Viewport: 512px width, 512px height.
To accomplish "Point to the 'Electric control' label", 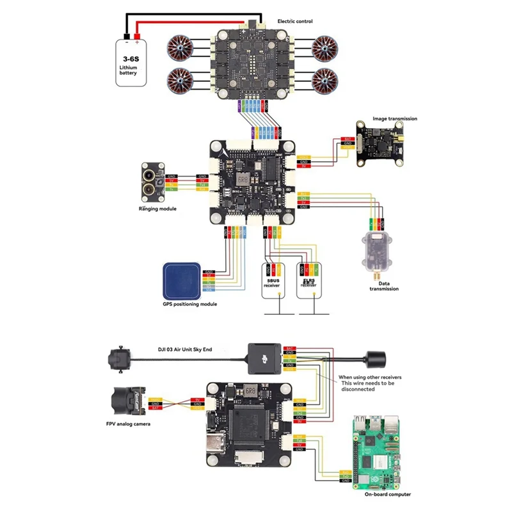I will click(295, 22).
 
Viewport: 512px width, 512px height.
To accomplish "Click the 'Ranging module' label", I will click(157, 209).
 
